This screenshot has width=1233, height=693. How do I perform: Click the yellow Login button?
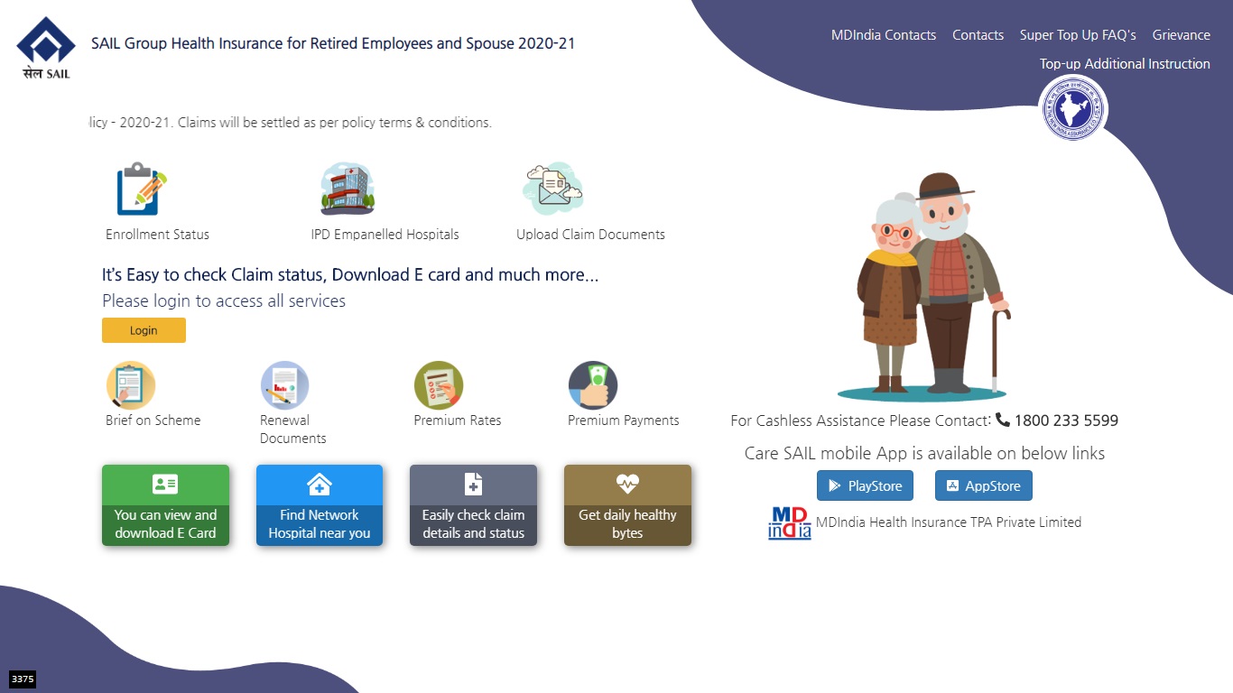(144, 330)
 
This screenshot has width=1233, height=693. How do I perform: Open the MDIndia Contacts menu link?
(884, 35)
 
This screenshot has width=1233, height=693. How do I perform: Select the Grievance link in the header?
(1182, 35)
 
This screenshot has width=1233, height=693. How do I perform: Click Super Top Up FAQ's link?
(1078, 35)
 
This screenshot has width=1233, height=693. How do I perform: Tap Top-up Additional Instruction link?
(1125, 64)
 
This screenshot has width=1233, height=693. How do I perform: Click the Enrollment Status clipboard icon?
(142, 189)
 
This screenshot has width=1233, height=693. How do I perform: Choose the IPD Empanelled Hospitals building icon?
(348, 189)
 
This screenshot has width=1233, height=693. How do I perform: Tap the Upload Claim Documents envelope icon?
(552, 189)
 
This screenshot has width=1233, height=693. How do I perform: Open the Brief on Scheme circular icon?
(131, 384)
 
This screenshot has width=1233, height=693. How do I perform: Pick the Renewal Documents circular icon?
(284, 384)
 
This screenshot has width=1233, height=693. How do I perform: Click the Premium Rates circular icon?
(439, 384)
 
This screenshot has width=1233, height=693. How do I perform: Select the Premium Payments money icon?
(593, 384)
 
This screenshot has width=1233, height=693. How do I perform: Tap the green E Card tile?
(166, 505)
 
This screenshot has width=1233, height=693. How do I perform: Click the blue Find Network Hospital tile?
(320, 505)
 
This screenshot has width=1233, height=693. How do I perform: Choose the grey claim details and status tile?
(473, 505)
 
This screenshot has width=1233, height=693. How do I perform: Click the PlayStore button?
(865, 485)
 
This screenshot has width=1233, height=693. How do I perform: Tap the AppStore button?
(984, 485)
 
